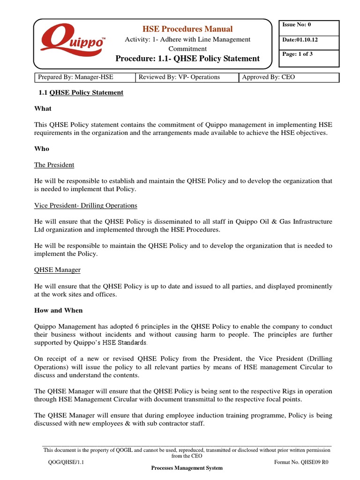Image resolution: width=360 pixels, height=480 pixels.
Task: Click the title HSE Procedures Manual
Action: pyautogui.click(x=187, y=29)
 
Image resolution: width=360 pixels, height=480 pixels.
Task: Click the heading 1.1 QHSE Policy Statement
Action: pyautogui.click(x=81, y=92)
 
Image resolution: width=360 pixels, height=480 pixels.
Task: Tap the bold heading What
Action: pyautogui.click(x=43, y=108)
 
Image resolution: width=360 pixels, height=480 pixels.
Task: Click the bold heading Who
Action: pyautogui.click(x=42, y=149)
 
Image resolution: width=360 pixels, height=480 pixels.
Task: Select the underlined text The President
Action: pyautogui.click(x=54, y=165)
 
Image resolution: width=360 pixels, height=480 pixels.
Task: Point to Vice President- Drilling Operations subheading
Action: pyautogui.click(x=86, y=205)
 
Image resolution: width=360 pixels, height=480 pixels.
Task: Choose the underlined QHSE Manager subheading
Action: pyautogui.click(x=58, y=270)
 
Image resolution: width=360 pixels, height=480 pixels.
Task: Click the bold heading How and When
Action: pyautogui.click(x=59, y=310)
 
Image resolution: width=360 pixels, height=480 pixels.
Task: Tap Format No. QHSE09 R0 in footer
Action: pyautogui.click(x=301, y=462)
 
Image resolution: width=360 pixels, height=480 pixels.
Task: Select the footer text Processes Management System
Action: pyautogui.click(x=187, y=468)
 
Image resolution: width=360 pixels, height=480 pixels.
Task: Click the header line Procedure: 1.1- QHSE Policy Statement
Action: pyautogui.click(x=187, y=59)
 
